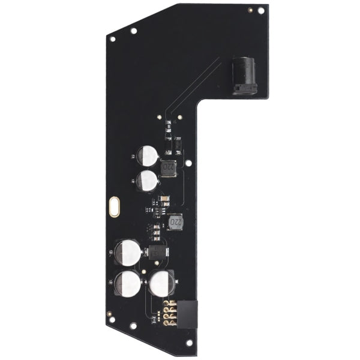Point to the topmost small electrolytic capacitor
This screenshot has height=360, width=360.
click(148, 156)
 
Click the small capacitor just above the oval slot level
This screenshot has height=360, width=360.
click(146, 180)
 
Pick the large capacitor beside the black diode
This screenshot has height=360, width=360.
click(128, 252)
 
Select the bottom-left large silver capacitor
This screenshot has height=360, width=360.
click(128, 283)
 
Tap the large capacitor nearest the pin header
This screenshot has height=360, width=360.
click(161, 283)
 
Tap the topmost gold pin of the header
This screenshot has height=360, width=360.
click(170, 304)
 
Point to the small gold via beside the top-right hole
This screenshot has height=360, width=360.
click(249, 10)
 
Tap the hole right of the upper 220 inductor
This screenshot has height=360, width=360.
click(188, 162)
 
